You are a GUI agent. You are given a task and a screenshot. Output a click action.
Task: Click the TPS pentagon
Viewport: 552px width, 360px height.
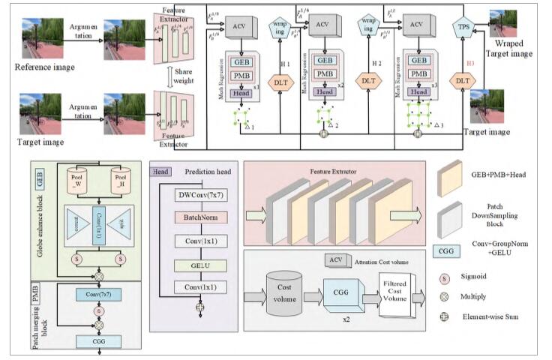(463, 27)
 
